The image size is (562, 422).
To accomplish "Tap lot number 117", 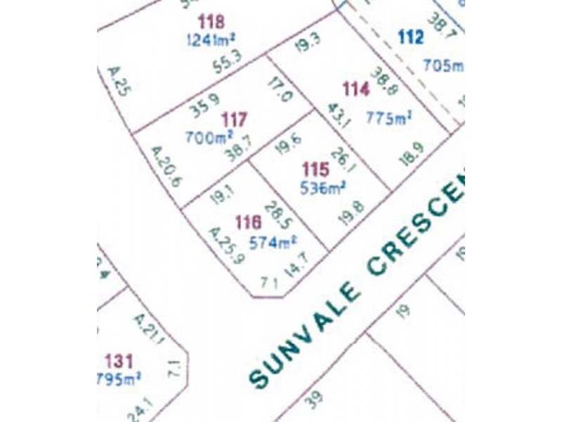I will click(233, 120).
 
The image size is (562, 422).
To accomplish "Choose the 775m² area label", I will click(388, 118).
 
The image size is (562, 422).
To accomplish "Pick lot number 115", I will click(315, 170).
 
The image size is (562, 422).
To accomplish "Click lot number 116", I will click(249, 223).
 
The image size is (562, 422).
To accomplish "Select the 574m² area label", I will click(273, 243).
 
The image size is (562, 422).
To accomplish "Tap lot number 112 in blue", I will click(410, 38).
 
